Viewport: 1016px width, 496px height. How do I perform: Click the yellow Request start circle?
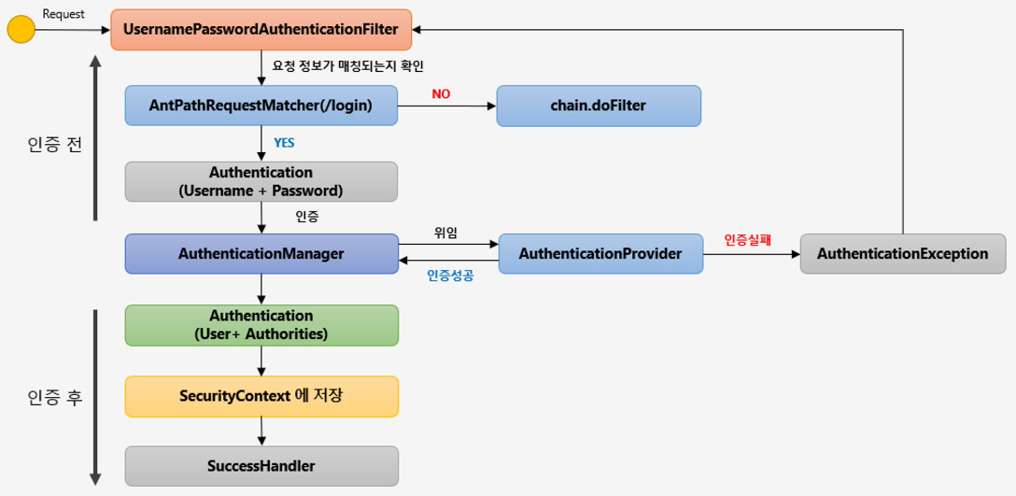coord(21,30)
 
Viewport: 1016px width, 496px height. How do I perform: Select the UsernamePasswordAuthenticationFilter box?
coord(261,30)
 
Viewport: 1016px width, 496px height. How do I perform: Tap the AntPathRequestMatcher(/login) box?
coord(261,106)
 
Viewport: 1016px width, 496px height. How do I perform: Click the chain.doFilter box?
coord(599,106)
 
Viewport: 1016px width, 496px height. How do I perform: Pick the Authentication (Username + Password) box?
coord(261,181)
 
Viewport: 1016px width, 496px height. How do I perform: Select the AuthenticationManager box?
coord(261,253)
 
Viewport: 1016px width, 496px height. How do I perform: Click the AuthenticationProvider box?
coord(600,253)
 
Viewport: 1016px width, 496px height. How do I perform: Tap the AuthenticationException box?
coord(903,253)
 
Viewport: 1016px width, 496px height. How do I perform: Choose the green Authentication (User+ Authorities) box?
coord(261,325)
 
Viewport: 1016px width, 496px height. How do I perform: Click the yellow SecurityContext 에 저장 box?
coord(261,396)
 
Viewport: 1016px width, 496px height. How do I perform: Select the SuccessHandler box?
coord(261,465)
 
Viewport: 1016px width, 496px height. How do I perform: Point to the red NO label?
coord(442,94)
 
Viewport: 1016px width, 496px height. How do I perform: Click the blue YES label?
coord(284,143)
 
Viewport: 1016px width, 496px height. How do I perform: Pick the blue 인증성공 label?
coord(451,276)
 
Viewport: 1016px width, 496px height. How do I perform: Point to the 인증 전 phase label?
coord(55,144)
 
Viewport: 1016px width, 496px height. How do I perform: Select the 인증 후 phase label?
coord(55,397)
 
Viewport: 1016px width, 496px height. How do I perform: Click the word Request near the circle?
coord(62,14)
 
